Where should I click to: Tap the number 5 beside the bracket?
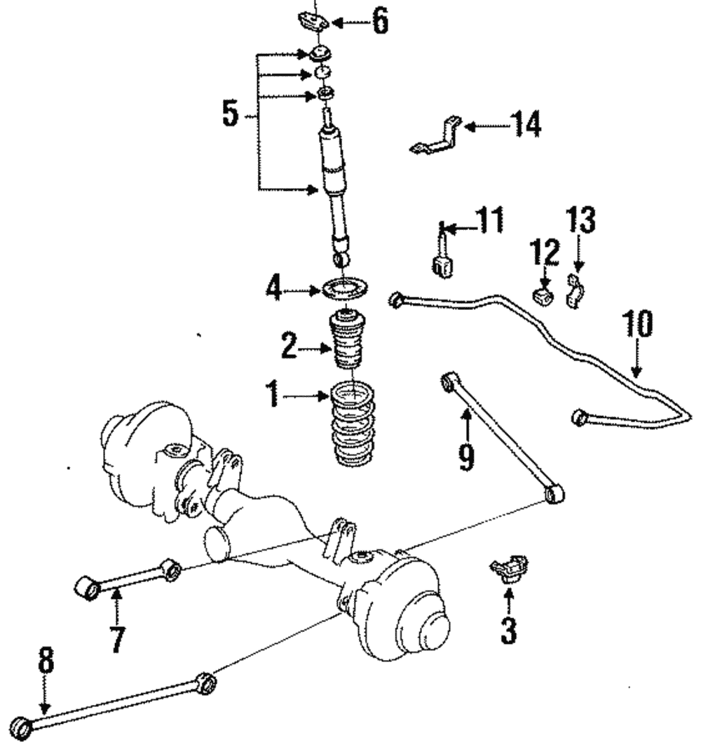tap(231, 114)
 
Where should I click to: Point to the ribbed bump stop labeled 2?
tap(349, 340)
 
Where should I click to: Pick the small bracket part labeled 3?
tap(510, 567)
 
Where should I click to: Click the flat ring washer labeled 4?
tap(346, 288)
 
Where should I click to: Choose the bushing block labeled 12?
tap(542, 295)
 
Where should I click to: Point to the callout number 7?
tap(116, 637)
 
